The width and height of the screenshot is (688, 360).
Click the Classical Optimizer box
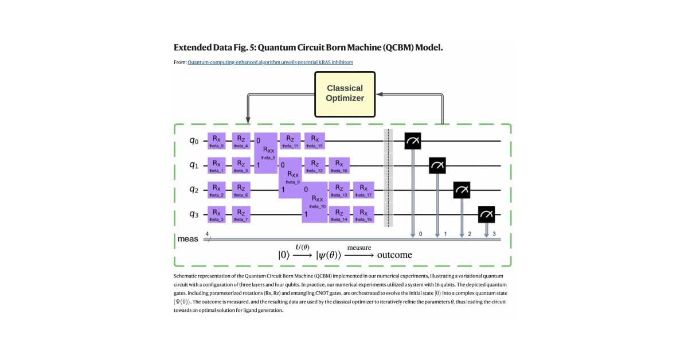tap(345, 93)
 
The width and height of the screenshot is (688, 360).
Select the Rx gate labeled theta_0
tap(216, 141)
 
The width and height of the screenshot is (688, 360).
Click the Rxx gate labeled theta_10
tap(314, 202)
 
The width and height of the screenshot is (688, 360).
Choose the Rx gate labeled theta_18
tap(363, 214)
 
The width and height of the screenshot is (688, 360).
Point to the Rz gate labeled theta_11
tap(290, 141)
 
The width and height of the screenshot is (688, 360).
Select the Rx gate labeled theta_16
tap(339, 166)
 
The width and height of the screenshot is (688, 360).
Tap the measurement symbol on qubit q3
tap(487, 214)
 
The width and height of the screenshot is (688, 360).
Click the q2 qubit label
tap(194, 190)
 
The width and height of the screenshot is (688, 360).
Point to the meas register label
tap(187, 238)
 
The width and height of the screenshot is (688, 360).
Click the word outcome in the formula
tap(394, 255)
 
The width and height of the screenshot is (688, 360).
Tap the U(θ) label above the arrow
tap(302, 246)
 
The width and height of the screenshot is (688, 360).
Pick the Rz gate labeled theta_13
tap(339, 190)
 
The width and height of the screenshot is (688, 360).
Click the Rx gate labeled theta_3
tap(216, 214)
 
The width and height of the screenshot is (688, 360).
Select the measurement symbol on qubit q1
tap(437, 166)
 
